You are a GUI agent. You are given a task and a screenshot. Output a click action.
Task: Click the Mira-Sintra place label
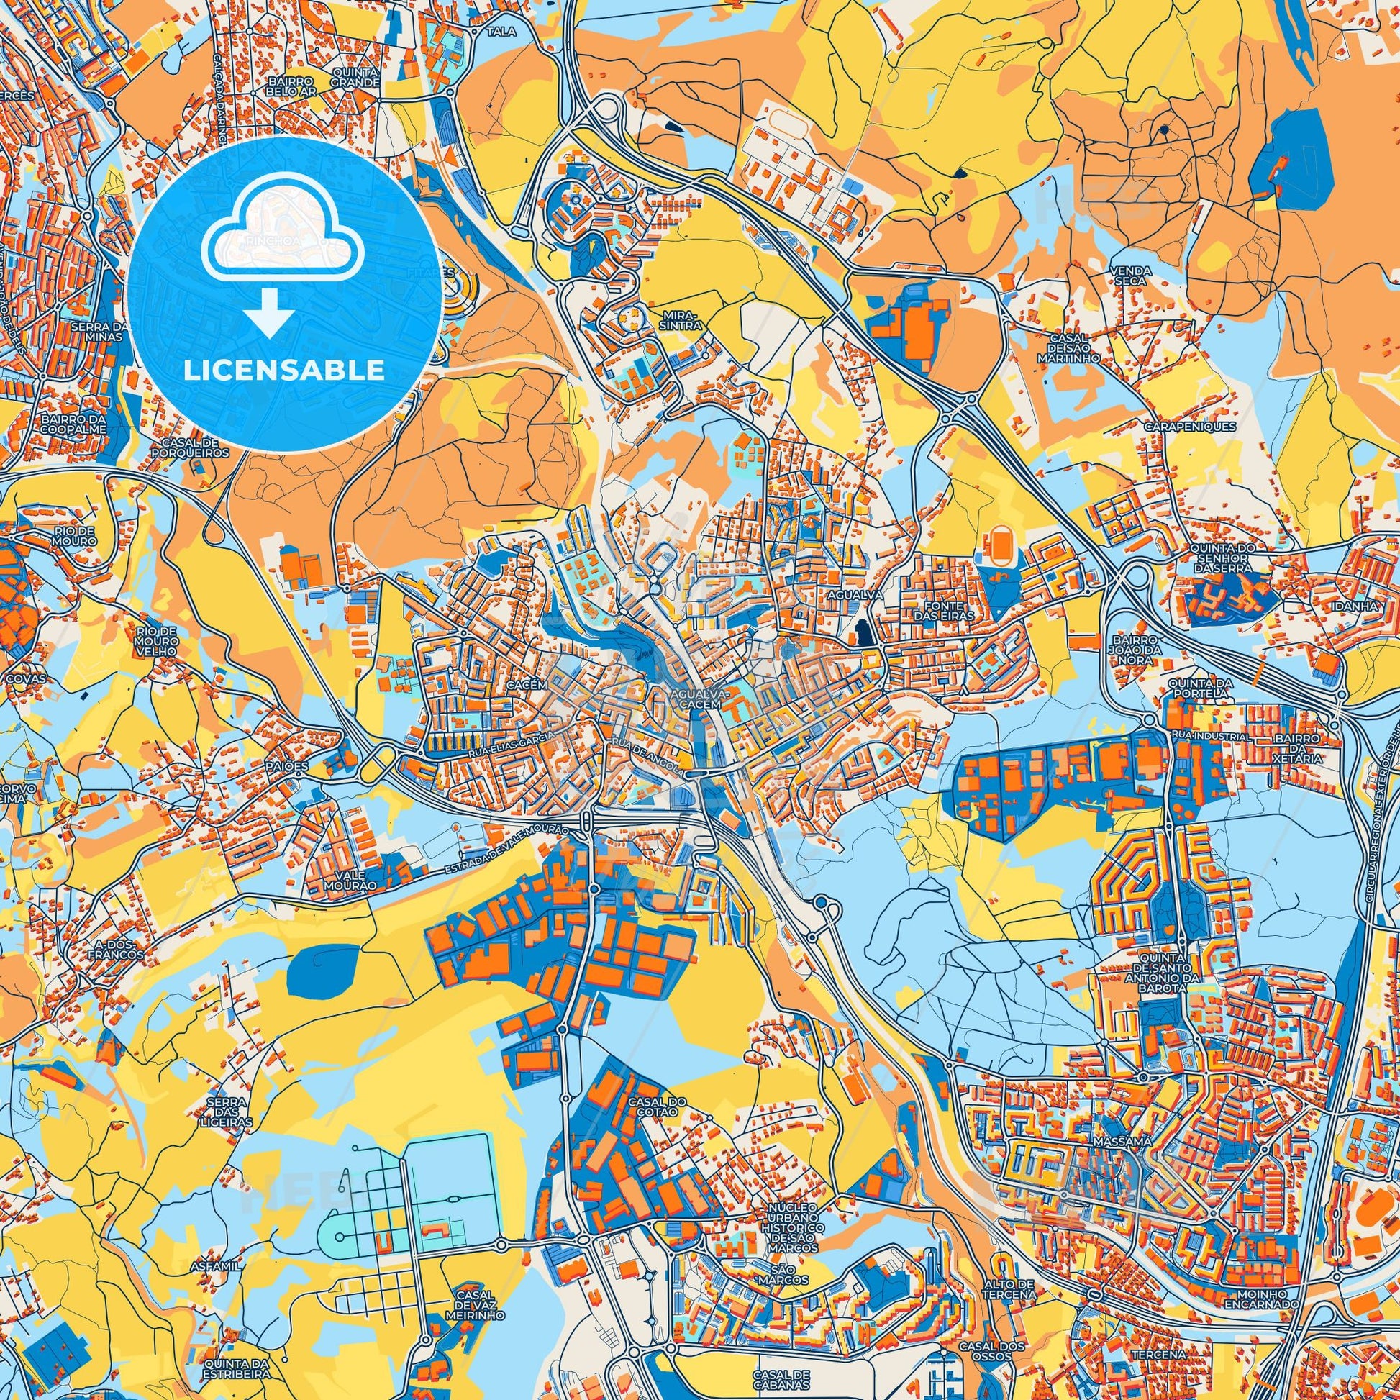(x=682, y=321)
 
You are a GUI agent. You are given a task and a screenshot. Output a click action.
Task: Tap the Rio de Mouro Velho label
(x=156, y=642)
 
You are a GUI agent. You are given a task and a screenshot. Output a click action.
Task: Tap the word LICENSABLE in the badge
(x=284, y=371)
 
